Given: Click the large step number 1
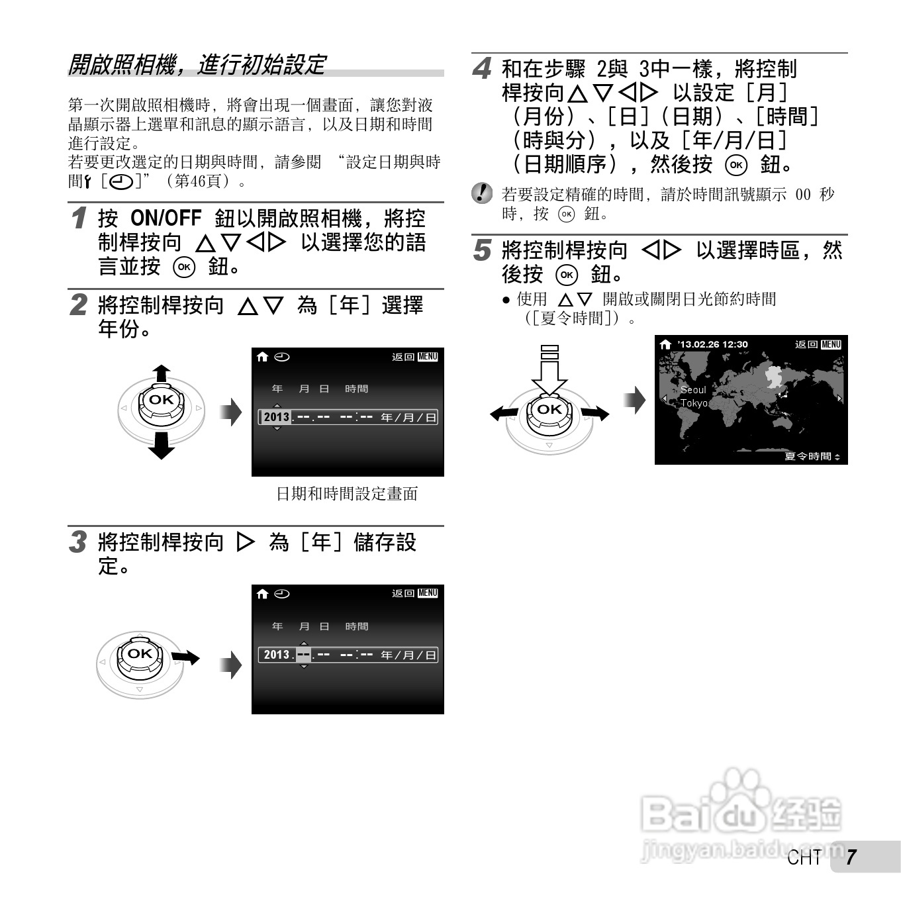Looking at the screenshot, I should (x=79, y=218).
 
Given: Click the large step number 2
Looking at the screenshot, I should (x=79, y=305).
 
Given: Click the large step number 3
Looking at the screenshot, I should (x=79, y=542).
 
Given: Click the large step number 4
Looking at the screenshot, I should (x=483, y=68).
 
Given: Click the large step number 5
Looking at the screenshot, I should (x=483, y=250).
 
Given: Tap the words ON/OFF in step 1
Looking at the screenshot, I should (x=166, y=218).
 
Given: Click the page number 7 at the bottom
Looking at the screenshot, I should (x=851, y=857).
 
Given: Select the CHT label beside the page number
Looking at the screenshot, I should (x=804, y=858).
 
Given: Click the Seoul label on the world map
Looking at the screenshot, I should (x=693, y=390).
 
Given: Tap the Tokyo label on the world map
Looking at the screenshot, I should (x=694, y=403).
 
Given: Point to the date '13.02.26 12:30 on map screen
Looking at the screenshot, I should (x=712, y=344).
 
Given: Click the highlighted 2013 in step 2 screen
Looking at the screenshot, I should (x=276, y=417).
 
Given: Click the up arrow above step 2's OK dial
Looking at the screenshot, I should (x=162, y=373).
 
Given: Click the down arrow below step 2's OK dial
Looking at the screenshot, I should (x=162, y=447).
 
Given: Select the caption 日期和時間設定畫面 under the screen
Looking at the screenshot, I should (x=347, y=494).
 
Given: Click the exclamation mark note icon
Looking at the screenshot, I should (x=483, y=194).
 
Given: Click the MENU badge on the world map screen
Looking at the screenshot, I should (x=831, y=344).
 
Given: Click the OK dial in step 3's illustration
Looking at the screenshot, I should (x=140, y=654).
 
